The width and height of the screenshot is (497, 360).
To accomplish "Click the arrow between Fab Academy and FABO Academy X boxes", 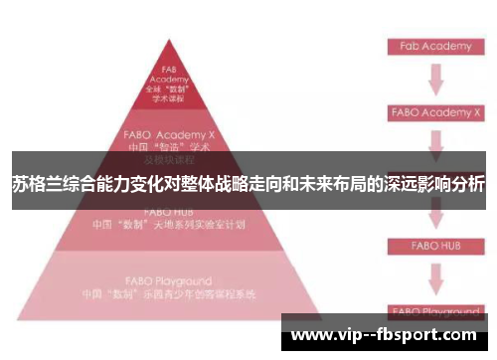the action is pos(435,80).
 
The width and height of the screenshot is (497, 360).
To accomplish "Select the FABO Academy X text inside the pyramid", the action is pos(170,131).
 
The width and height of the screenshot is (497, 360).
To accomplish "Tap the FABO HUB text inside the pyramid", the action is pos(170,212).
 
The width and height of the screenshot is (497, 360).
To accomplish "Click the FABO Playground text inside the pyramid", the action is pos(170,281).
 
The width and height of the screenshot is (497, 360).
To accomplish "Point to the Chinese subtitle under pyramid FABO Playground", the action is pos(170,294).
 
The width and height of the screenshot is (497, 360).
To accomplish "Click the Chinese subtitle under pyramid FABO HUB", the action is pos(170,225).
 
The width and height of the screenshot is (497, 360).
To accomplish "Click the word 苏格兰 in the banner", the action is pos(36,184).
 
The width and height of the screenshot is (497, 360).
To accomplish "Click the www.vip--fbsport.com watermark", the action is pos(388,335).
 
